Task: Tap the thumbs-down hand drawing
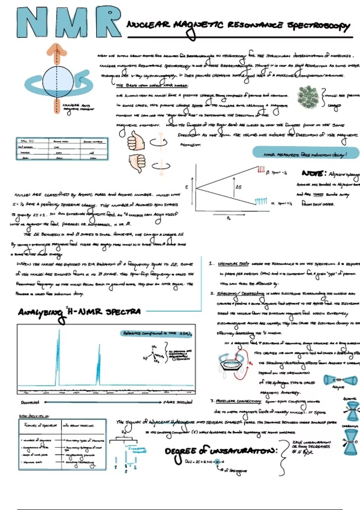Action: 137,163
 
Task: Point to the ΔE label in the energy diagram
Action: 238,187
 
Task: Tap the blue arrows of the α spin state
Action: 261,201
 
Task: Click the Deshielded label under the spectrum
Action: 30,402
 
